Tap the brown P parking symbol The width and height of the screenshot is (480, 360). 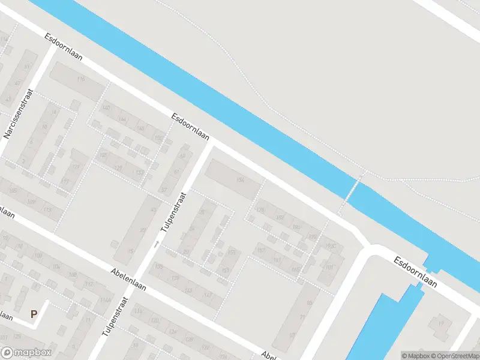pos(34,313)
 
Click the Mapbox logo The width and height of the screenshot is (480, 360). pos(26,353)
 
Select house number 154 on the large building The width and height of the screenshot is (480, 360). pos(241,181)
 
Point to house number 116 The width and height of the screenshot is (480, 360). pos(81,79)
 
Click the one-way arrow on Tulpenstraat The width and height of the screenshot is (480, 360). pos(157,244)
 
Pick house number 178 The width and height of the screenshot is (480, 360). pos(260,210)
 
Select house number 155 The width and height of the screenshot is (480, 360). pos(232,253)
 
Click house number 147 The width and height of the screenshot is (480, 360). pos(208,295)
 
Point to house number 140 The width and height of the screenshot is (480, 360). pos(107,108)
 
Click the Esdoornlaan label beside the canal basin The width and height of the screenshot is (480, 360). pos(415,271)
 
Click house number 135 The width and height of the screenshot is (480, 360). pos(159,266)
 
